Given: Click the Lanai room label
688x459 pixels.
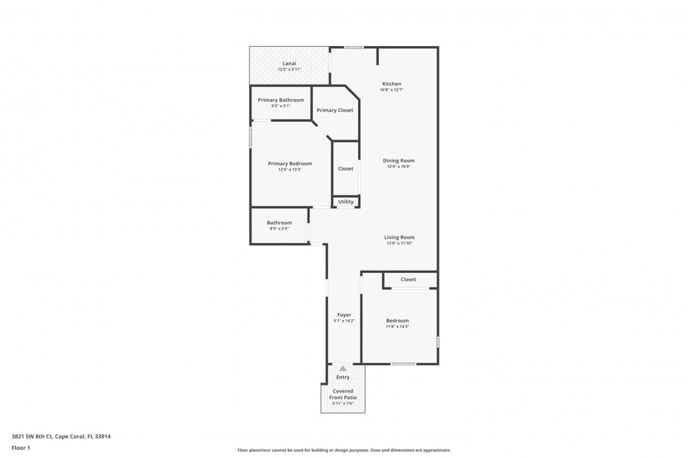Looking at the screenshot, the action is coord(289,63).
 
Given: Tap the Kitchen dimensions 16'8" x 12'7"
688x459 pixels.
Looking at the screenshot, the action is coord(391,90).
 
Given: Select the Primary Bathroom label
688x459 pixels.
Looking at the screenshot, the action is coord(281,100).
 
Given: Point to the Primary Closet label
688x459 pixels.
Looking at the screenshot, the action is coord(335,110).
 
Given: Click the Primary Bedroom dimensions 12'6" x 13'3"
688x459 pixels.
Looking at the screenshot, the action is coord(290,170).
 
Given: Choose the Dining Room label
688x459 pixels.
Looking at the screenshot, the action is coord(398,161).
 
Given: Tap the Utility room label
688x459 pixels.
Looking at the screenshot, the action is coord(346,202).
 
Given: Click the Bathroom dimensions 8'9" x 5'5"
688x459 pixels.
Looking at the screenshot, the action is coord(279,228).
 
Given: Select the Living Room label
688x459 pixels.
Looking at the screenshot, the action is coord(399,237).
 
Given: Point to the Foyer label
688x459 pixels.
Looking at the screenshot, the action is coord(344,315).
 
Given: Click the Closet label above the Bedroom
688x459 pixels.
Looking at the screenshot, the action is coord(408,279).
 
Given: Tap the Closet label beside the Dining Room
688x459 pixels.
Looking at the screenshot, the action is coord(346,168).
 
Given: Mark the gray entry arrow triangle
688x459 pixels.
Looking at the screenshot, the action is coord(343,368).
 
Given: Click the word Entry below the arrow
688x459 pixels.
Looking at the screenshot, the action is coord(343,377).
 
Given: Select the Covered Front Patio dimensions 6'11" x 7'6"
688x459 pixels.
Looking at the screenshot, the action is coord(343,403).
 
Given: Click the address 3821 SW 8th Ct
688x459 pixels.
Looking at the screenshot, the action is coord(32,436).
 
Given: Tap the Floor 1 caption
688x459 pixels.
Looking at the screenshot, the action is coord(21,448).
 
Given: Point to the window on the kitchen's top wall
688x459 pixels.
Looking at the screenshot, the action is coord(353,47).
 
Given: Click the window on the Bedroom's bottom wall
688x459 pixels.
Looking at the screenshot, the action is coord(403,364).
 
